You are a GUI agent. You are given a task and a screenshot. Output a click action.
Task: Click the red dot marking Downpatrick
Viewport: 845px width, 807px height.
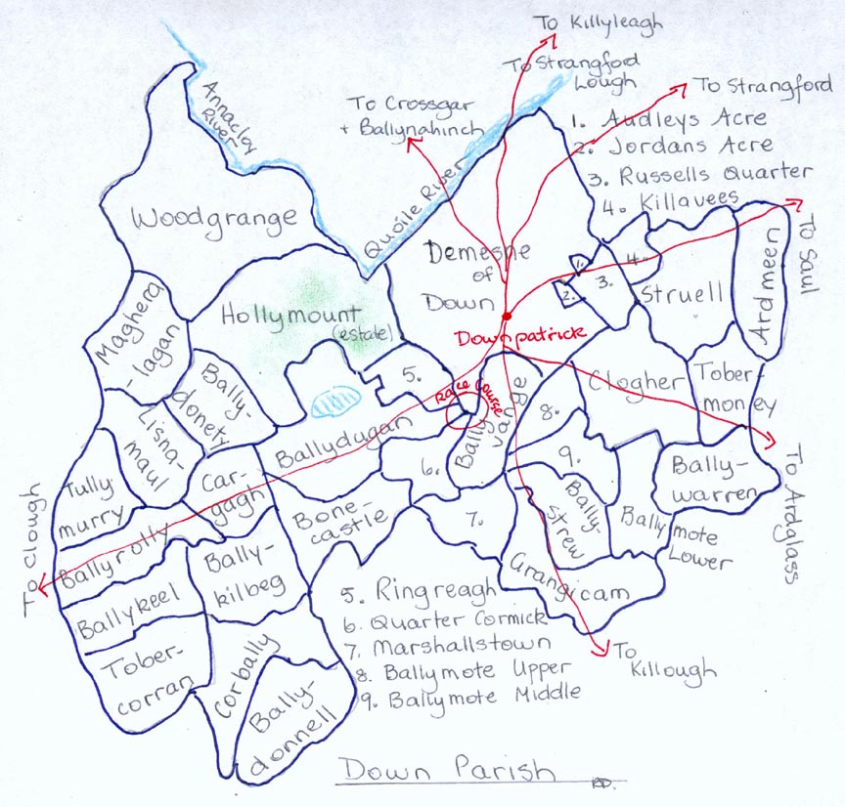(506, 317)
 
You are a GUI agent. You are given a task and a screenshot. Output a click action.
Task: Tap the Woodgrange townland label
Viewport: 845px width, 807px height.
(215, 218)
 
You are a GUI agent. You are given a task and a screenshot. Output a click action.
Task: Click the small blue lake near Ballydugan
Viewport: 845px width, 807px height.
(337, 401)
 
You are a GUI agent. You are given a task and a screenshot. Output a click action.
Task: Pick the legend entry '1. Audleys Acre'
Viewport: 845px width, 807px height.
(669, 118)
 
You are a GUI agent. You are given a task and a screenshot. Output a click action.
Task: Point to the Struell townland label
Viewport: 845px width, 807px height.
(683, 293)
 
